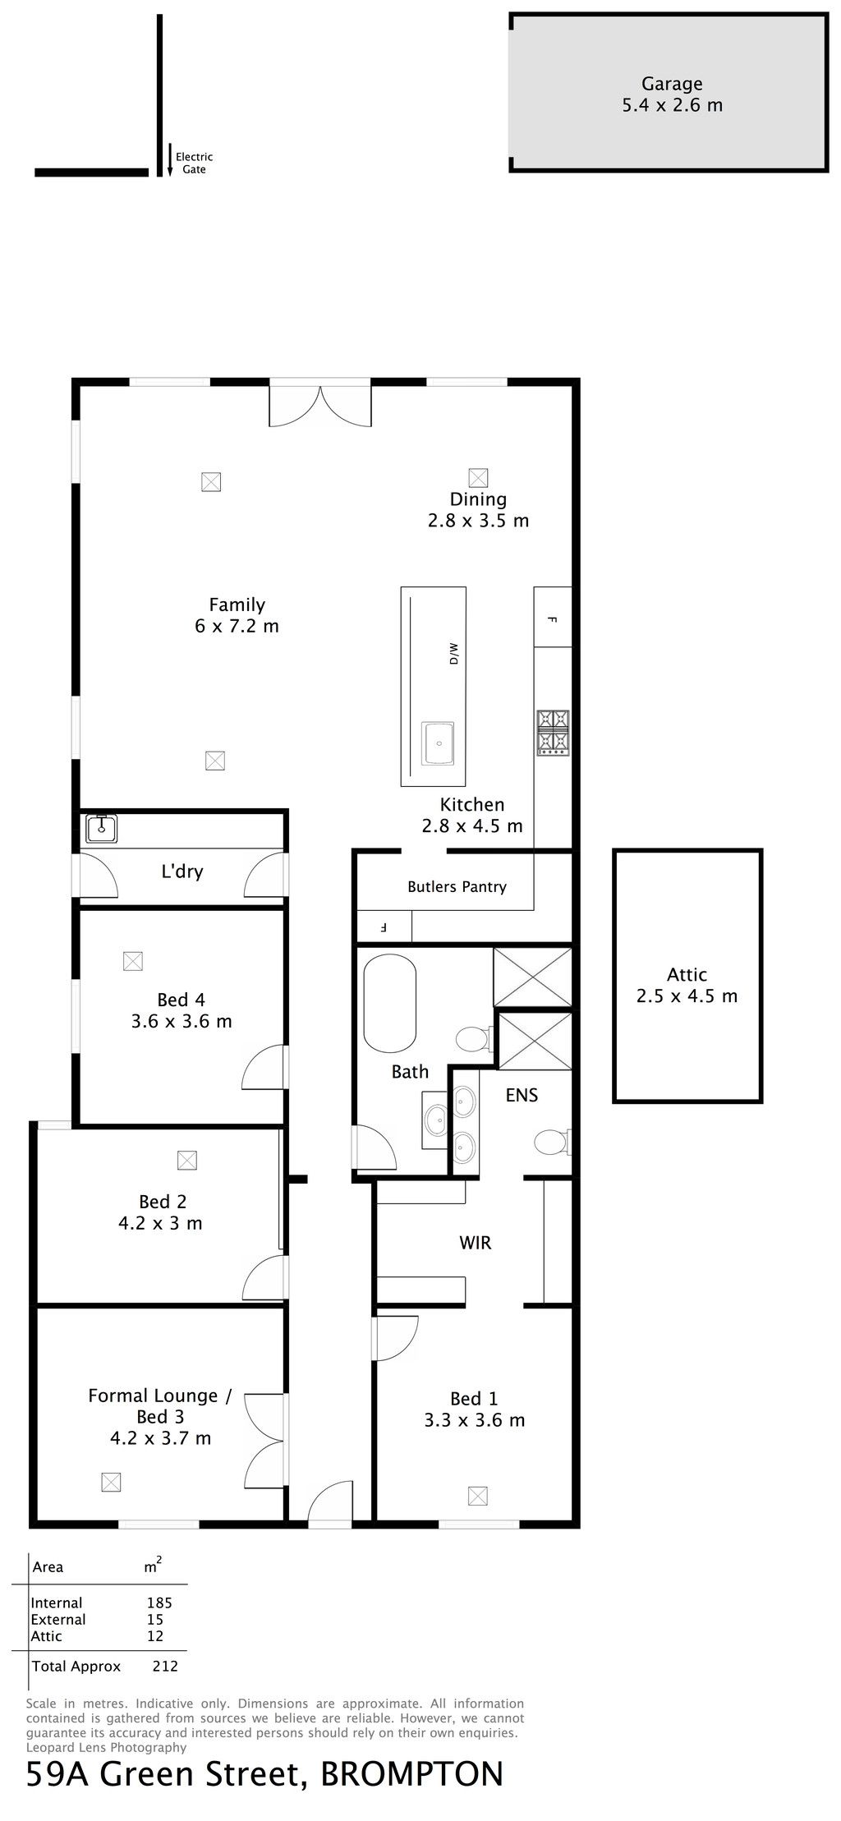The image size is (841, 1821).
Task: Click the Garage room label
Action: pos(672,94)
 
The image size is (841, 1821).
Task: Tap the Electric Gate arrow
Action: pos(170,160)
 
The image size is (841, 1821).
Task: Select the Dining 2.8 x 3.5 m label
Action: pos(478,509)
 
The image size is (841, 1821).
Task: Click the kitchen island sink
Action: pos(439,743)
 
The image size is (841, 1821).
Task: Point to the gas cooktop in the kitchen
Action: pos(553,732)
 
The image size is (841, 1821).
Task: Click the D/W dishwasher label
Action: pos(453,654)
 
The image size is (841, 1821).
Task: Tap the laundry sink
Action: pos(102,828)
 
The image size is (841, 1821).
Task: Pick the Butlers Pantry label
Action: pos(457,887)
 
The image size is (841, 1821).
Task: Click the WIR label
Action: pos(476,1243)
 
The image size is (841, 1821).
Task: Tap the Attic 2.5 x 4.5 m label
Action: pos(687,986)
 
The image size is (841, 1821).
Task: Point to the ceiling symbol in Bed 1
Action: pos(478,1497)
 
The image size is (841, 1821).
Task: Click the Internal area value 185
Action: pos(159,1603)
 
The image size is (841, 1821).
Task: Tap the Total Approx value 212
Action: pos(165,1667)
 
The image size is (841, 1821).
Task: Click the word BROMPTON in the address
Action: pos(411,1774)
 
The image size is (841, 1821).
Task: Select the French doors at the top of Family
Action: pos(320,405)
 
